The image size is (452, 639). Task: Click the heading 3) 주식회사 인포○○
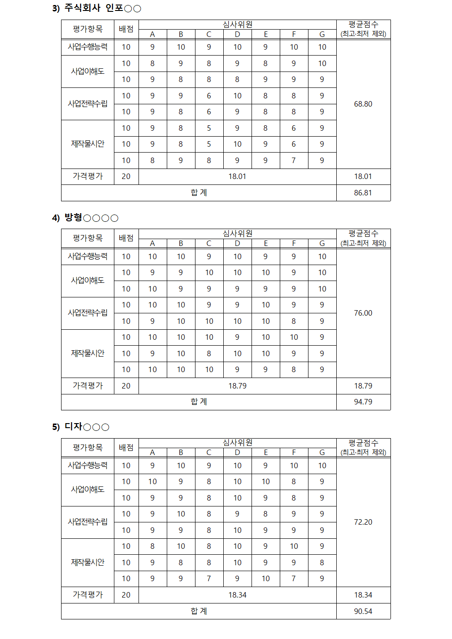coord(97,8)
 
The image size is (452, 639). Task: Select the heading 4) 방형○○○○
coord(85,218)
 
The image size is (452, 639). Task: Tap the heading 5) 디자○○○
coord(81,427)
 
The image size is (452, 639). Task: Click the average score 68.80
coord(363,104)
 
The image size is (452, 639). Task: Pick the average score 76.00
coord(363,313)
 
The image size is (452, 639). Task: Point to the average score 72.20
coord(363,522)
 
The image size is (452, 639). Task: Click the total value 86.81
coord(363,193)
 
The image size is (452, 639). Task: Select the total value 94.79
coord(363,402)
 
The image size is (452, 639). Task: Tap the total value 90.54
coord(363,611)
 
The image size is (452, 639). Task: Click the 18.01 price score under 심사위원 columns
coord(237,176)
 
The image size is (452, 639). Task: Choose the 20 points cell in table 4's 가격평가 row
coord(126,386)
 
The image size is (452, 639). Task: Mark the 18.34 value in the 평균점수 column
coord(363,595)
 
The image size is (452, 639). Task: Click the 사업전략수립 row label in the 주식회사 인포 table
coord(87,104)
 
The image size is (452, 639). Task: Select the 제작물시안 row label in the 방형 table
coord(87,353)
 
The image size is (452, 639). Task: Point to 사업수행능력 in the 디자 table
coord(87,465)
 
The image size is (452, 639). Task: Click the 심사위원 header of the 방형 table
coord(237,234)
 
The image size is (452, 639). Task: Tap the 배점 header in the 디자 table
coord(126,447)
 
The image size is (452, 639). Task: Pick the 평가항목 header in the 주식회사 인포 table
coord(87,29)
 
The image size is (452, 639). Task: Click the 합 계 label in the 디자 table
coord(199,611)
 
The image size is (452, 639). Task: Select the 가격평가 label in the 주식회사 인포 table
coord(87,176)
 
